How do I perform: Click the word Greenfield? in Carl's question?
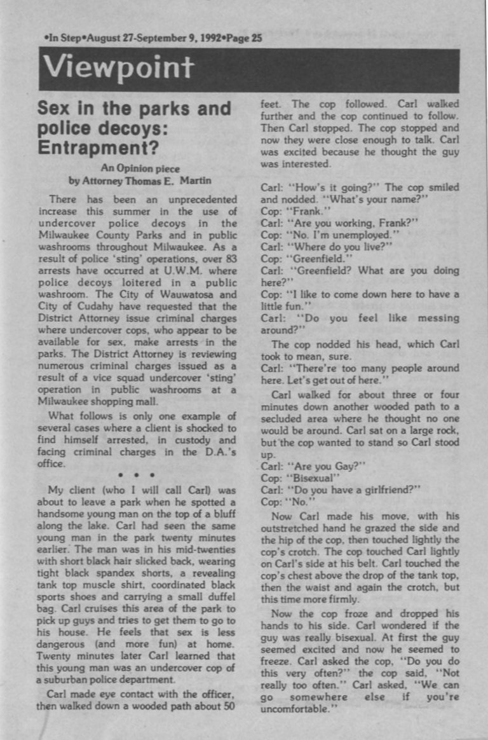click(x=322, y=270)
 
